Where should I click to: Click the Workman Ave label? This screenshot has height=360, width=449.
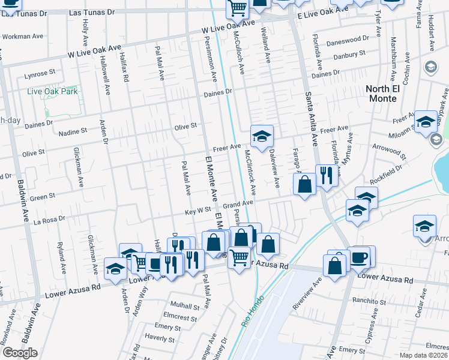point(23,37)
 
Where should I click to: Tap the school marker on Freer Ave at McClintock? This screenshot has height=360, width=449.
point(262,137)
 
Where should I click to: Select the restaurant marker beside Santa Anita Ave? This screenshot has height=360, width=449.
point(327,176)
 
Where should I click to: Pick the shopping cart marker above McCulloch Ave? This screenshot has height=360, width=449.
point(238,8)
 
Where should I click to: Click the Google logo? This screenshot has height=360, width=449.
point(20,353)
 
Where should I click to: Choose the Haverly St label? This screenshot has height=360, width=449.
point(159,338)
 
